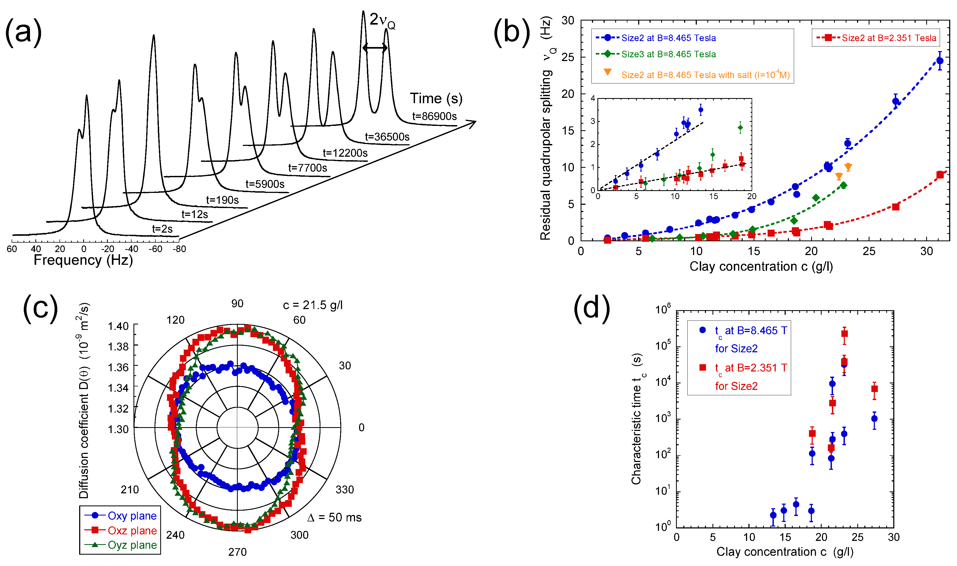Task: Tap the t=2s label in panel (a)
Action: [x=162, y=229]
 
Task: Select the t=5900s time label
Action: [x=265, y=184]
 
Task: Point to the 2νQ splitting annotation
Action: [x=382, y=20]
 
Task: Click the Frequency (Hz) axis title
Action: [x=83, y=260]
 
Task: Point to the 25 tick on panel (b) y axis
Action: [x=568, y=57]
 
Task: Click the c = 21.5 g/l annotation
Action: [x=313, y=305]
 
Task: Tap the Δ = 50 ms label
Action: [x=334, y=518]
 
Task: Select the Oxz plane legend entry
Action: [x=132, y=531]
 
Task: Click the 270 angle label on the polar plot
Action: [x=237, y=552]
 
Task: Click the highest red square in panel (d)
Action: [x=845, y=334]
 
